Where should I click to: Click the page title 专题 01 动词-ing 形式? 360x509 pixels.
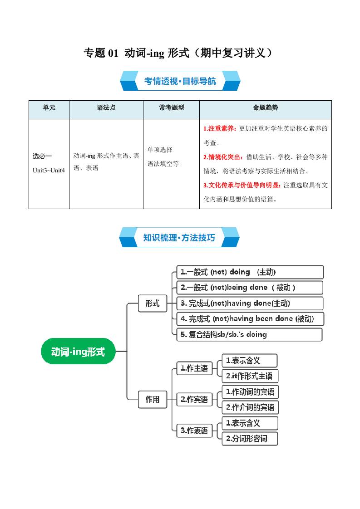(179, 53)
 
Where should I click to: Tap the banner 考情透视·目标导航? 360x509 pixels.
(180, 81)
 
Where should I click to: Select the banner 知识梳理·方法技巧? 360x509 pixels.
(179, 237)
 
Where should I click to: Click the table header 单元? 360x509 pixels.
(49, 108)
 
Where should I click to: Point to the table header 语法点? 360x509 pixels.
(106, 108)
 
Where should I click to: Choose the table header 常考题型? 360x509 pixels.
(171, 108)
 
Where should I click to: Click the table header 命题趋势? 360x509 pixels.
(265, 108)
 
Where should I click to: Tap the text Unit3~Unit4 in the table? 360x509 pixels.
(49, 170)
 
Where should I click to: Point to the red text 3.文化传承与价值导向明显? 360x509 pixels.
(242, 185)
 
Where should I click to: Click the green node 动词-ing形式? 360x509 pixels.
(78, 352)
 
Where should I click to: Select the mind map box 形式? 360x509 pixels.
(152, 303)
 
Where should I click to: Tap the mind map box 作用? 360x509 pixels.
(152, 399)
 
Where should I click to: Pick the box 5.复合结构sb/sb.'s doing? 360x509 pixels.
(249, 335)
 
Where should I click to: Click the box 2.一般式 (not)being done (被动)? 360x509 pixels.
(250, 288)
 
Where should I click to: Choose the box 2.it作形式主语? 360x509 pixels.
(249, 376)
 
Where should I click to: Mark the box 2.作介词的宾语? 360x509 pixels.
(250, 407)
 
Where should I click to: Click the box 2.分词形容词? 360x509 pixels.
(249, 439)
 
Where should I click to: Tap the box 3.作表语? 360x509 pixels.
(194, 431)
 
